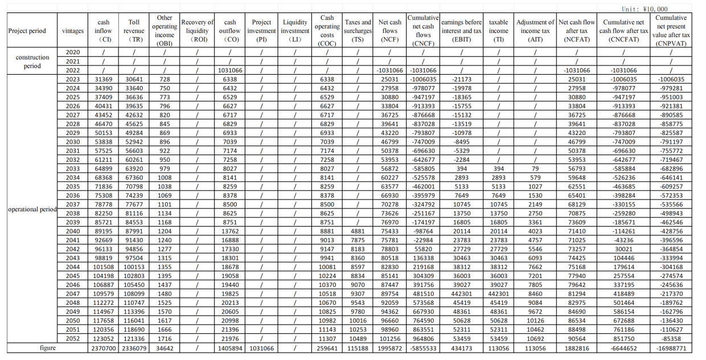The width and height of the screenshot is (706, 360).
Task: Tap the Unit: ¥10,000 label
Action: [646, 9]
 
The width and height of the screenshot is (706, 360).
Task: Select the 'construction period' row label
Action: [32, 62]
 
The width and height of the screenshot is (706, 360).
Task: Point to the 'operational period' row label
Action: [32, 209]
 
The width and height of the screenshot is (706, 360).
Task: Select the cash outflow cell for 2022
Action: [231, 70]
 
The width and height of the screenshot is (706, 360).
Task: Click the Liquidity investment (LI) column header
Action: [295, 31]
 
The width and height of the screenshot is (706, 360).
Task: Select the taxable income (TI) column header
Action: [498, 31]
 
